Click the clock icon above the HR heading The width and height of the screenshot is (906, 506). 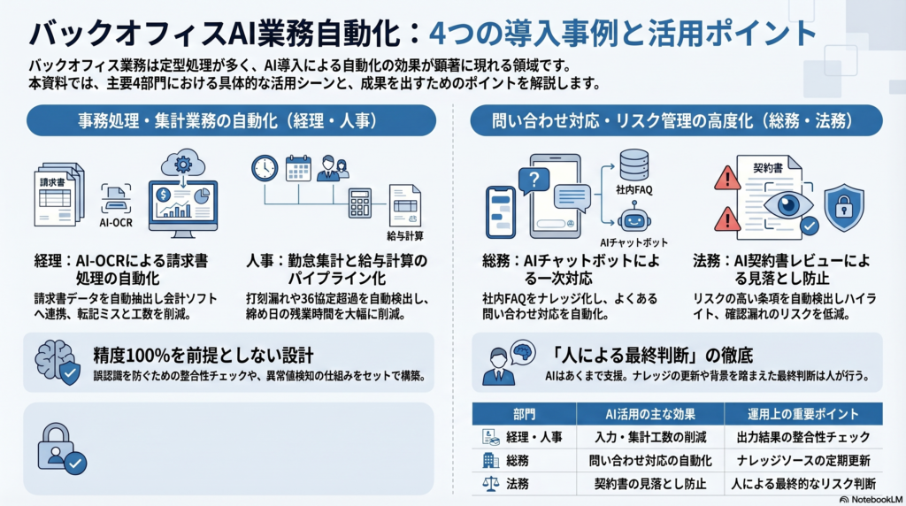[265, 169]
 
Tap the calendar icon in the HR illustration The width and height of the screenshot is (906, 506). [299, 168]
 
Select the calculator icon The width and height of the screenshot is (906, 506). [359, 203]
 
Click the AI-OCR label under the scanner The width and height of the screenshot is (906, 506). [116, 222]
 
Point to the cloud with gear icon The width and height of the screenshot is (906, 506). [182, 164]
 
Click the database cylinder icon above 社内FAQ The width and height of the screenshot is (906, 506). [633, 165]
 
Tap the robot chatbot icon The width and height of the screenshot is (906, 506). [634, 218]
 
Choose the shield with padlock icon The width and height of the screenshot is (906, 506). [844, 207]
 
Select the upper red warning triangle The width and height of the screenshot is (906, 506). [727, 178]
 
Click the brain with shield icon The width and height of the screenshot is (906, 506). [58, 362]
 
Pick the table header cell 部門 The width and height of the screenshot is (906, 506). [524, 414]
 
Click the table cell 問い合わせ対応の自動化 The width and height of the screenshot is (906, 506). [650, 460]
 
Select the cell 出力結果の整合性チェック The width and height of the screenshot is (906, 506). [803, 437]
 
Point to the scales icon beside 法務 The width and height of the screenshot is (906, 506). [490, 484]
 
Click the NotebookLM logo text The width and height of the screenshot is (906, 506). [871, 500]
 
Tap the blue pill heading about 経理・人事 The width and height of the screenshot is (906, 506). [231, 120]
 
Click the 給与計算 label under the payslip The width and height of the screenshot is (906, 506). [405, 235]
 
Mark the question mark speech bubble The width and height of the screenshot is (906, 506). [534, 180]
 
